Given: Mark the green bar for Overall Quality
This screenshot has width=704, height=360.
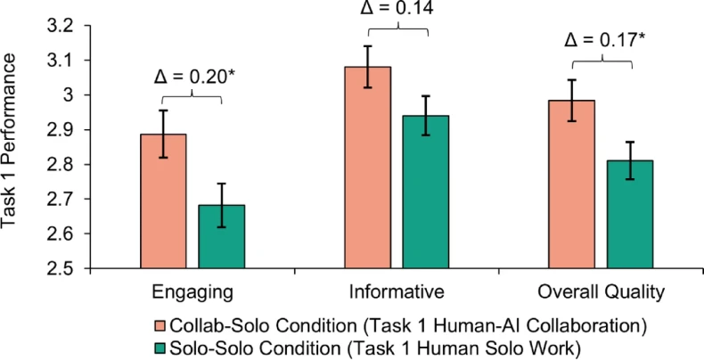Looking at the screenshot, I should click(629, 214).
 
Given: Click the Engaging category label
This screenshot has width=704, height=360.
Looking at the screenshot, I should click(194, 290).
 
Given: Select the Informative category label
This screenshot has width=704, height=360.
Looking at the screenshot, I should click(397, 290).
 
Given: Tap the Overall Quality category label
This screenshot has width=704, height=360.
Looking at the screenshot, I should click(601, 290).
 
